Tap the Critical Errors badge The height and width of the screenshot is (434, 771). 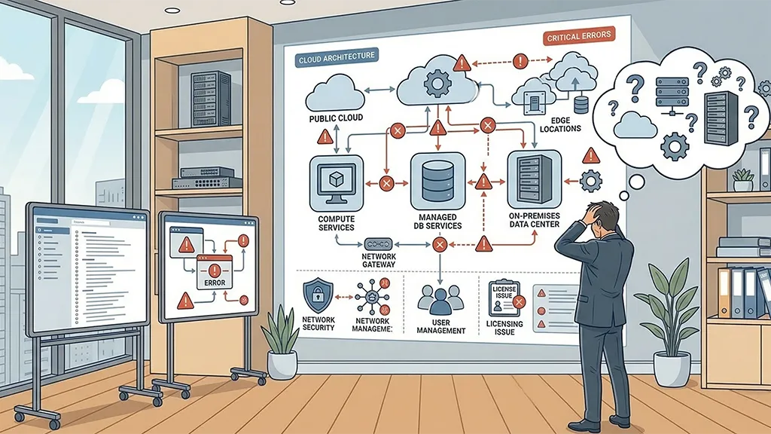click(x=577, y=35)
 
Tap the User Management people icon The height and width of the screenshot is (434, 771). click(x=439, y=298)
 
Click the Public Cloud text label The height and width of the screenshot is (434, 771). click(x=336, y=118)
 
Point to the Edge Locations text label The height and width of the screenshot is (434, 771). click(x=560, y=124)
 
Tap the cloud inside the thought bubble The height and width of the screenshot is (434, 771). click(x=635, y=125)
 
